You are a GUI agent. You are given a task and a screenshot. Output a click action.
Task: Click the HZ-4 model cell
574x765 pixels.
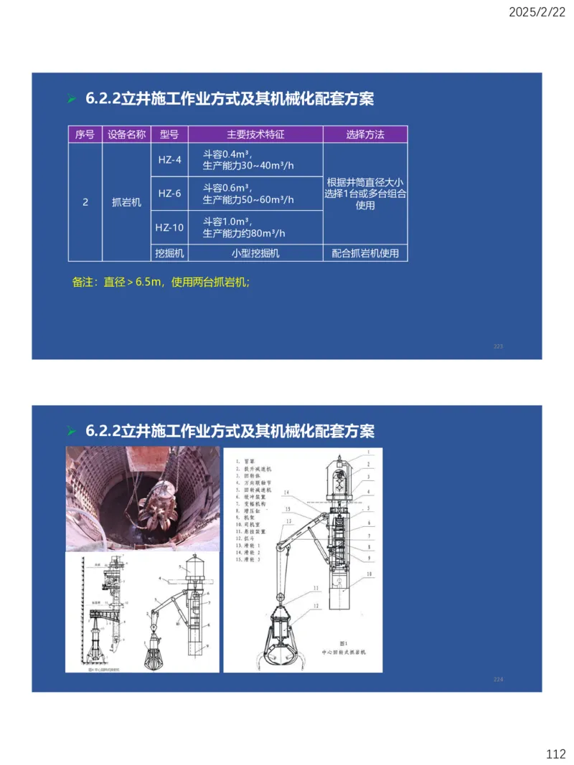pyautogui.click(x=170, y=159)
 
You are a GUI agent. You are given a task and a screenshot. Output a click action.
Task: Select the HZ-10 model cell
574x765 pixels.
pyautogui.click(x=170, y=227)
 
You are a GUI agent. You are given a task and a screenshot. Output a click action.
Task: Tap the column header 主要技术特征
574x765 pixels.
pyautogui.click(x=255, y=134)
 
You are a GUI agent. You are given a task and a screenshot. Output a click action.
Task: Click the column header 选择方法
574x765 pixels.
pyautogui.click(x=364, y=134)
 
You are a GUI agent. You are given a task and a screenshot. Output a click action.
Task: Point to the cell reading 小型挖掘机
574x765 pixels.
pyautogui.click(x=255, y=253)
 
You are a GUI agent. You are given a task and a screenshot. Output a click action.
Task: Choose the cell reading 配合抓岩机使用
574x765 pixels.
pyautogui.click(x=364, y=253)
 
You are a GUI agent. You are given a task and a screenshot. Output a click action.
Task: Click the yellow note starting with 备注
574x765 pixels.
pyautogui.click(x=161, y=282)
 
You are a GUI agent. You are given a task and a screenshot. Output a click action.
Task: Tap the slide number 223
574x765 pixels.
pyautogui.click(x=499, y=346)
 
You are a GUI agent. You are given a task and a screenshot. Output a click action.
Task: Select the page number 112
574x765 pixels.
pyautogui.click(x=555, y=754)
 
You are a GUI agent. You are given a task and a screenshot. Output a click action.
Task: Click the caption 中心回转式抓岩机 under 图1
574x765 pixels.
pyautogui.click(x=343, y=652)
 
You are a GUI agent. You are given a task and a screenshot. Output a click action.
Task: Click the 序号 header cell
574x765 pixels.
pyautogui.click(x=85, y=134)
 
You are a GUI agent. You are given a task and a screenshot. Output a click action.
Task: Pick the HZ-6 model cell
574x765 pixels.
pyautogui.click(x=170, y=194)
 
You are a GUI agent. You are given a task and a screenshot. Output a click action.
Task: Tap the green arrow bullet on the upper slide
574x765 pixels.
pyautogui.click(x=71, y=99)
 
